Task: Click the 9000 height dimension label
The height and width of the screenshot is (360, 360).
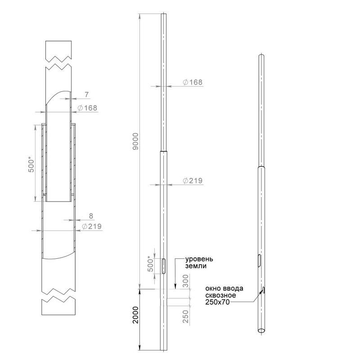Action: tap(136, 141)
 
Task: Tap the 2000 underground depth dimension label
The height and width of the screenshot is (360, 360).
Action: tap(136, 315)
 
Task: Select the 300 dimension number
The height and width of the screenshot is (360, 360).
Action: tap(185, 281)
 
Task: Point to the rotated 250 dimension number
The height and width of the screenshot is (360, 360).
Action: tap(185, 316)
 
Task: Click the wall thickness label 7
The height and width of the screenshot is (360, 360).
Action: tap(86, 94)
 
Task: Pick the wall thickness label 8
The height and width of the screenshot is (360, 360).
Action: tap(91, 216)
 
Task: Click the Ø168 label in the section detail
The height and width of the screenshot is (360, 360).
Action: tap(87, 108)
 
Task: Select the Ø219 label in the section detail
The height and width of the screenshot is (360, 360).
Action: tap(92, 226)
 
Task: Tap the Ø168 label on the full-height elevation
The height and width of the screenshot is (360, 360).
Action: tap(193, 82)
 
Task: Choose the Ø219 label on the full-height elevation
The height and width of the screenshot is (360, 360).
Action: tap(193, 181)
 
